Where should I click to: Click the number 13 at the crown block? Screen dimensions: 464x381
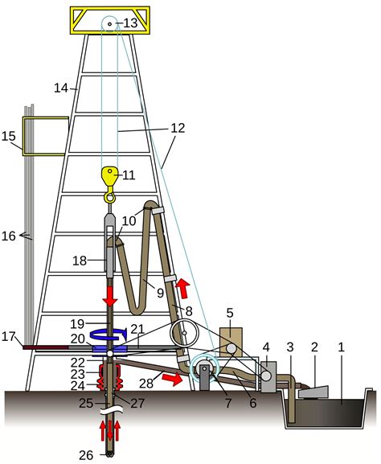130,23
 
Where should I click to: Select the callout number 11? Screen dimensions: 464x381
129,174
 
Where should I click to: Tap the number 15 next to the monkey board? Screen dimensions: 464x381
9,136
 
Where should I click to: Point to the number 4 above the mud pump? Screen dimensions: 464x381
266,347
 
